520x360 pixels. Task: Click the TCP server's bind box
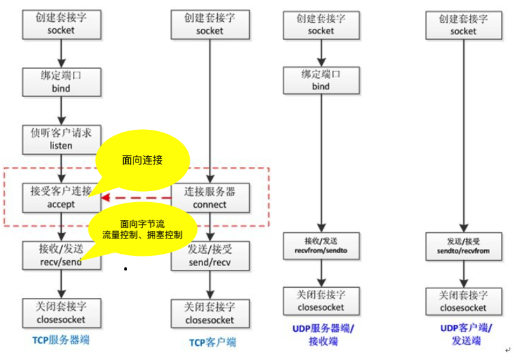pos(61,82)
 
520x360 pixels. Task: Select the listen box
pos(61,139)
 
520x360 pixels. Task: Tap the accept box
pos(61,197)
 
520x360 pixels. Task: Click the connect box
pos(210,197)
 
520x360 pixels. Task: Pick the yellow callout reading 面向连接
pos(143,160)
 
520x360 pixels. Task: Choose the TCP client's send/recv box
pos(210,256)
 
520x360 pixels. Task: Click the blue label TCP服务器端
pos(61,340)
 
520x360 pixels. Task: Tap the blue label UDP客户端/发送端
pos(465,334)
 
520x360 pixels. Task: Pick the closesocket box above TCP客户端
pos(210,313)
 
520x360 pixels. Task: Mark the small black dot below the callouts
pos(126,269)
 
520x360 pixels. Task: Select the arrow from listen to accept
pos(61,168)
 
